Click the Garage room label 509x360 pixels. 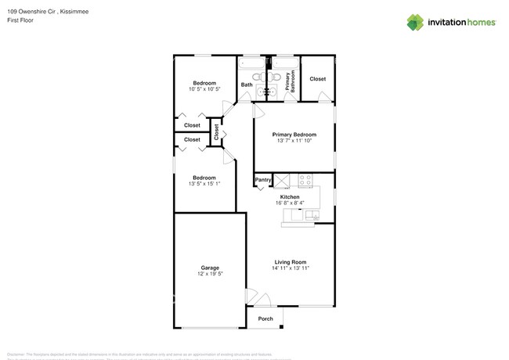click(x=209, y=268)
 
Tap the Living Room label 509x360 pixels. click(x=290, y=261)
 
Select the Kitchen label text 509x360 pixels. click(x=290, y=196)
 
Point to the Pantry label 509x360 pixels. click(x=263, y=181)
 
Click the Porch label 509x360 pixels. click(x=265, y=319)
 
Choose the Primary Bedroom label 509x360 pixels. click(x=294, y=135)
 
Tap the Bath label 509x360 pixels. click(x=247, y=85)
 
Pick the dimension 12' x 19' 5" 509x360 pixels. click(x=209, y=275)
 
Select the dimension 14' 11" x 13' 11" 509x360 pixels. click(x=290, y=268)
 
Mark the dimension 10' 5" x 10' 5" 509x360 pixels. click(x=204, y=89)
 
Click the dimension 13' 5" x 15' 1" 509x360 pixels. click(x=204, y=184)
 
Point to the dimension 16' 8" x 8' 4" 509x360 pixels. click(x=290, y=203)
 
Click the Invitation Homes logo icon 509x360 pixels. click(x=415, y=23)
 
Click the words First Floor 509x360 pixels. click(x=20, y=20)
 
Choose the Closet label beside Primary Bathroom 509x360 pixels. click(x=317, y=79)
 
